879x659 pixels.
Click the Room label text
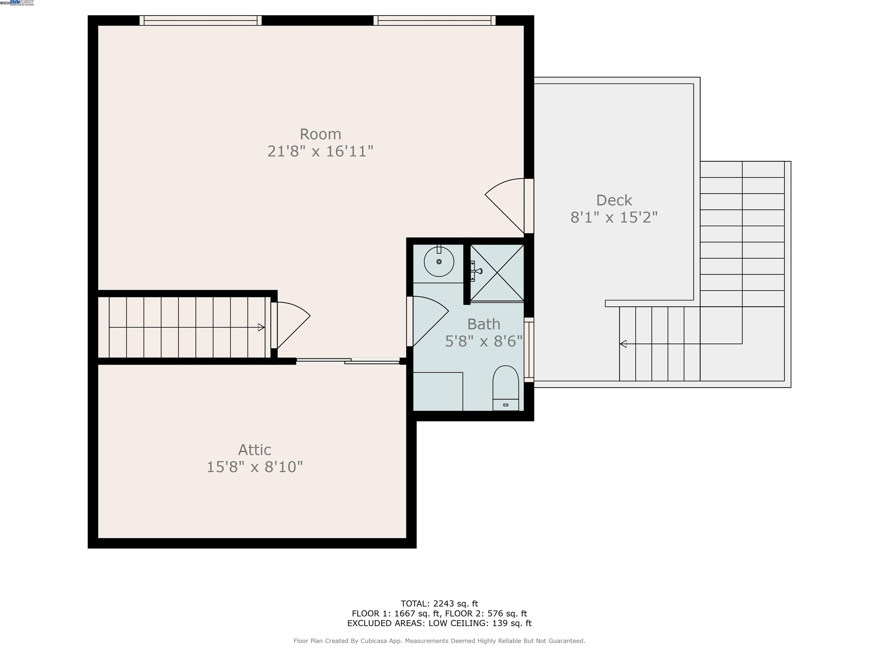[320, 134]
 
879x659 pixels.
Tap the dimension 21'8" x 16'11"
[320, 151]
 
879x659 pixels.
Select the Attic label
[255, 450]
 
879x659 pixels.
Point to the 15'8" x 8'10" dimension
[255, 467]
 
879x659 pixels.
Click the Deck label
[614, 200]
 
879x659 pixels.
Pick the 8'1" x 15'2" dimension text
[614, 217]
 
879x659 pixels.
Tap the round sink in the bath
[439, 262]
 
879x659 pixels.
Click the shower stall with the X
[497, 273]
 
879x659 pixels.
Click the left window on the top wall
[201, 20]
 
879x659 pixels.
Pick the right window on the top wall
[434, 20]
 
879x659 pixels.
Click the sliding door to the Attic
[348, 361]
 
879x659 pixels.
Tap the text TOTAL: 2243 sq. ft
[439, 604]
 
